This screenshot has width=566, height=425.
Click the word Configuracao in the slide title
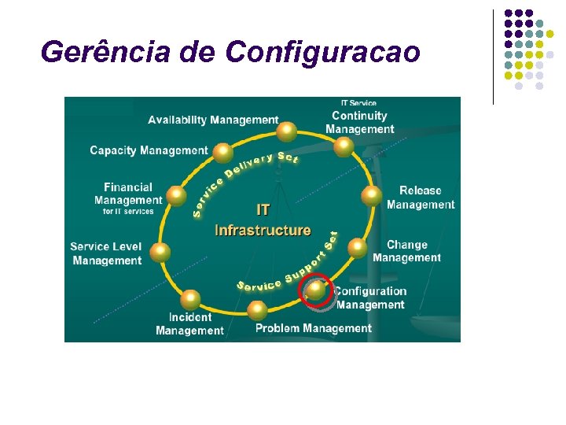[322, 53]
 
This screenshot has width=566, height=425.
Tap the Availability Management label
[213, 120]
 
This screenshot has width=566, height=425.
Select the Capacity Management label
[149, 150]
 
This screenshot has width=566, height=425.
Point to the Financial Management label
[128, 197]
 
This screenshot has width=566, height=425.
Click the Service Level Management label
[106, 253]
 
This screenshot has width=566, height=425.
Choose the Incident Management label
[189, 323]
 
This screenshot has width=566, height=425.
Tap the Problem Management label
[313, 328]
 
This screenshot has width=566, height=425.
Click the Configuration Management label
[370, 297]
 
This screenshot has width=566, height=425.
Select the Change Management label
[406, 251]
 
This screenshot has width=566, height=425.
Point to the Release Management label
[421, 198]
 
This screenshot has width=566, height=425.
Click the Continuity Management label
[359, 121]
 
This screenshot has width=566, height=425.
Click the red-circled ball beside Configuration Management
[316, 289]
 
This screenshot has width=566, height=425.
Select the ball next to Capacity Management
[223, 152]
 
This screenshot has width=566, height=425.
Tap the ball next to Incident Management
[190, 299]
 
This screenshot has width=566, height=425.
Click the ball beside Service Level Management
[160, 252]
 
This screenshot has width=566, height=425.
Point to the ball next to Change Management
[357, 249]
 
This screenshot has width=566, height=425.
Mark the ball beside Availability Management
[288, 131]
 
